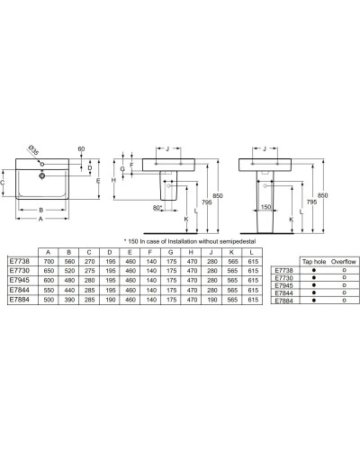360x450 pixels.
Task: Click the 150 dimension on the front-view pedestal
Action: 265,206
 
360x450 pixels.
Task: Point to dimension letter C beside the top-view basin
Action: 4,184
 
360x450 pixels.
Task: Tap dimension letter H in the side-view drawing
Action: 113,180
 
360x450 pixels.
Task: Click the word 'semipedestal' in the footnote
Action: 224,241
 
